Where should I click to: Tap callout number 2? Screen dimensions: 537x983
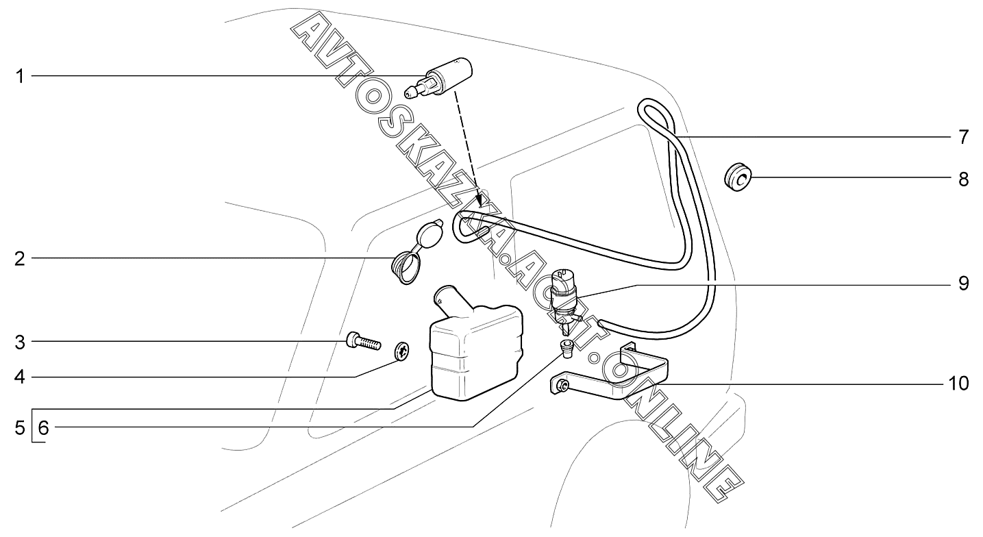coord(21,259)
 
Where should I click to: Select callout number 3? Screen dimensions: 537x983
coord(21,341)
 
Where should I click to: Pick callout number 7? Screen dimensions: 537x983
coord(963,137)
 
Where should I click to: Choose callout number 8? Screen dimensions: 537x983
coord(963,179)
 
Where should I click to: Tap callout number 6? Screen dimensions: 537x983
coord(43,429)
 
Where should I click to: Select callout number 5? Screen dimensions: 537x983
coord(21,429)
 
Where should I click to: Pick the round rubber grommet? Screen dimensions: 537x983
coord(737,179)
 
